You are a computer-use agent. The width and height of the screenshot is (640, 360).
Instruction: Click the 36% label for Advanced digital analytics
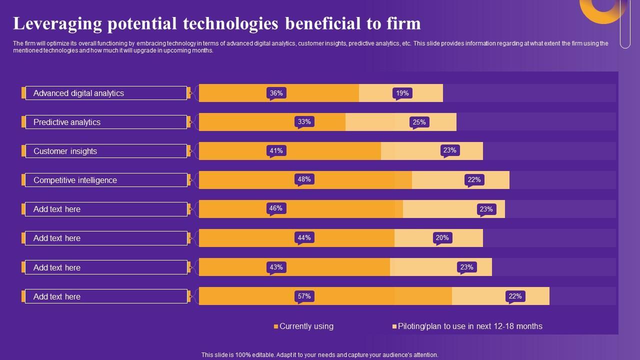click(x=276, y=93)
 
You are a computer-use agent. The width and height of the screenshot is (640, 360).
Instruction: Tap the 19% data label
click(x=402, y=93)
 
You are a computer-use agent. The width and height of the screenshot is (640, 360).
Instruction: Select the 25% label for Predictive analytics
click(x=419, y=122)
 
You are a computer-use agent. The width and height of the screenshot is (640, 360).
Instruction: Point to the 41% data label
click(x=276, y=150)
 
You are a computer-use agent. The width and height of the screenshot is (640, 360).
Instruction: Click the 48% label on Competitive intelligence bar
click(x=304, y=179)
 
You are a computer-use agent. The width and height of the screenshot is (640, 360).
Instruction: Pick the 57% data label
click(x=304, y=296)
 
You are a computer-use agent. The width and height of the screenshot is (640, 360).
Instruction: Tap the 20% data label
click(x=442, y=237)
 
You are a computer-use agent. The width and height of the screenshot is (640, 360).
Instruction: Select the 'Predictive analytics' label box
click(x=106, y=122)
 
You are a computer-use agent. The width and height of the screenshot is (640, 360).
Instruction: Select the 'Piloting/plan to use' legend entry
click(x=467, y=326)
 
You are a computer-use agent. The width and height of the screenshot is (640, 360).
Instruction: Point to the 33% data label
click(x=304, y=121)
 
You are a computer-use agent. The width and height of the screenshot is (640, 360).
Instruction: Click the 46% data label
click(x=275, y=208)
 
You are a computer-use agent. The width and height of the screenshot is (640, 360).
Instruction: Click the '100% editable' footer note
click(x=319, y=354)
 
